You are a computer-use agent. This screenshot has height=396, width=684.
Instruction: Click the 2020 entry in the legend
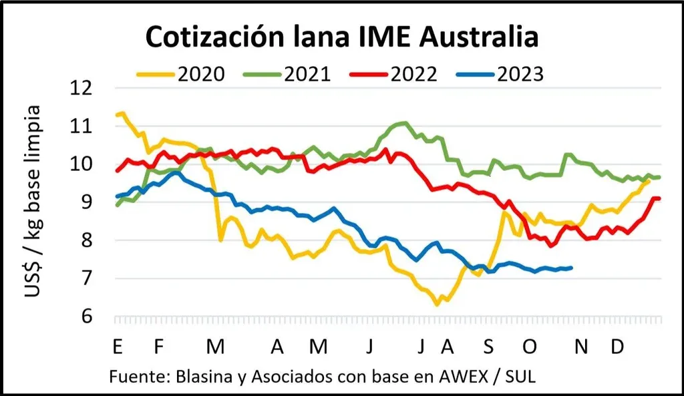[x=200, y=73]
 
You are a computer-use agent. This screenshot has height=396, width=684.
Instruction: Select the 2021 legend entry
[x=308, y=73]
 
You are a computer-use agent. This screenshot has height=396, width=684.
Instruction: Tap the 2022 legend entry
[x=415, y=73]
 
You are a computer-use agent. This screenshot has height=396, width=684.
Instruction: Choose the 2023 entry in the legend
[x=520, y=73]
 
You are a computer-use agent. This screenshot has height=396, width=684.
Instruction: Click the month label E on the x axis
[x=118, y=347]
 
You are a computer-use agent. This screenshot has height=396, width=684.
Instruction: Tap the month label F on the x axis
[x=158, y=347]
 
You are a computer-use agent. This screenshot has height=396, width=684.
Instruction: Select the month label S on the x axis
[x=489, y=347]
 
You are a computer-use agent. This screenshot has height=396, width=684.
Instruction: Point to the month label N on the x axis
[x=582, y=347]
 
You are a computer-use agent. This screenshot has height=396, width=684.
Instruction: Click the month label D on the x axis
[x=618, y=347]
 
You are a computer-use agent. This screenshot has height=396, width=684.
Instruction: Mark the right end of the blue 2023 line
[x=571, y=268]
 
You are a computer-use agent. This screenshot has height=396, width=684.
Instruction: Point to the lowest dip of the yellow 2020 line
[x=437, y=305]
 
